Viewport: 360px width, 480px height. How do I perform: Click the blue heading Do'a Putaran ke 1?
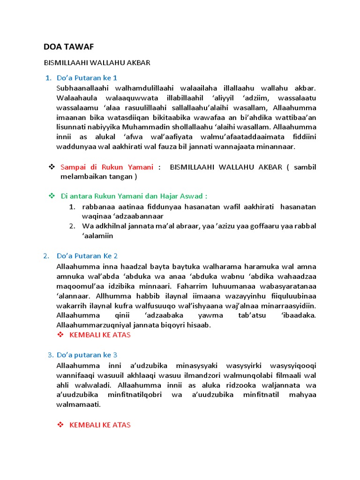pos(87,77)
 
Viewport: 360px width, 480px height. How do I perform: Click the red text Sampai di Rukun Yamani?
pos(107,167)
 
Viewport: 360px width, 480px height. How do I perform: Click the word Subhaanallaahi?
pos(79,88)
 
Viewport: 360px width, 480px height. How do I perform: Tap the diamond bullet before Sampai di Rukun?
pos(52,167)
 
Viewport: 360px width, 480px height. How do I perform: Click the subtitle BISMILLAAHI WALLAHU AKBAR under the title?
pos(97,63)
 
